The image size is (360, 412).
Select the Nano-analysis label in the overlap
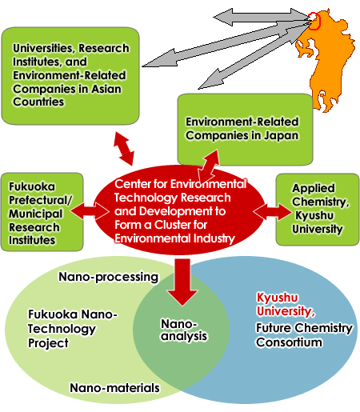pos(184,330)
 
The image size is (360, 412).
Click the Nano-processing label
pos(108,277)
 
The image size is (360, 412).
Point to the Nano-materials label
pos(114,388)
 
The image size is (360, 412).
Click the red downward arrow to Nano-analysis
pos(182,282)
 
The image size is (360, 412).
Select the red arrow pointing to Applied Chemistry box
pos(272,212)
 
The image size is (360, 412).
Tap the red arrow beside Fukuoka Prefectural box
pos(90,211)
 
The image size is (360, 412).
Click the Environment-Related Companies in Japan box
pos(245,130)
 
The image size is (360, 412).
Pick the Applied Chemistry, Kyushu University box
pos(318,210)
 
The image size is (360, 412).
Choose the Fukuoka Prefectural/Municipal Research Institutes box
pos(42,212)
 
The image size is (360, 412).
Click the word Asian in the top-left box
pos(106,89)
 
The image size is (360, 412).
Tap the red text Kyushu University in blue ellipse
pos(286,305)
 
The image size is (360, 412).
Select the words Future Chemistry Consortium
pos(304,335)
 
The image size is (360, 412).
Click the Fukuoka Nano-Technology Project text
pos(73,329)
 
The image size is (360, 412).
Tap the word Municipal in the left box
pos(35,214)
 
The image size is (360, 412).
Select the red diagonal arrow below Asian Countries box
pos(124,148)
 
